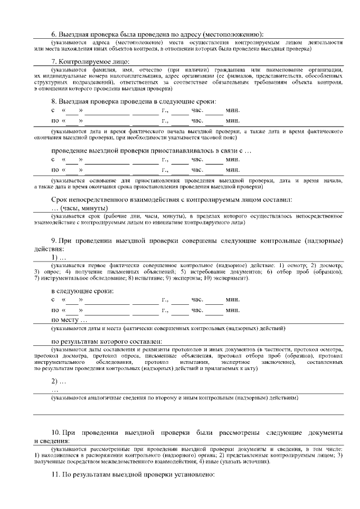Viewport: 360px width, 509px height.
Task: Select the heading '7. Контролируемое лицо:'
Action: point(91,61)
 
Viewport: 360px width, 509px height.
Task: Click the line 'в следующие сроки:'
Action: point(82,291)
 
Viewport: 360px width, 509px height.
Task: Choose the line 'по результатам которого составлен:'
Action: point(107,341)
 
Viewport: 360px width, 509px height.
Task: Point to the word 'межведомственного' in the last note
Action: point(145,462)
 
